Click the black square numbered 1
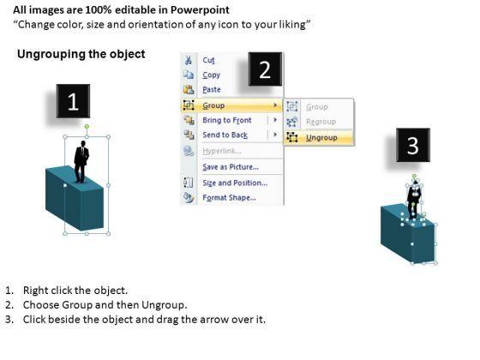tap(73, 101)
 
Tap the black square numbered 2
tap(265, 69)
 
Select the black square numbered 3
tap(413, 145)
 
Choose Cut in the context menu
tap(209, 60)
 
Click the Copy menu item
tap(211, 75)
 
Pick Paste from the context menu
tap(212, 90)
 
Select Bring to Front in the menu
tap(227, 120)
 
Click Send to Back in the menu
tap(225, 135)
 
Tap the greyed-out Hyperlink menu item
tap(222, 151)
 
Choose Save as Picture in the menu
tap(231, 167)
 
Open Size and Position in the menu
tap(235, 183)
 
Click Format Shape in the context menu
tap(230, 198)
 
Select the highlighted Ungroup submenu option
tap(321, 138)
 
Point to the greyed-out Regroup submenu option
tap(321, 122)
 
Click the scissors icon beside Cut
tap(189, 60)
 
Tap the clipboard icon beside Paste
tap(189, 89)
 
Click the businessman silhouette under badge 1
tap(81, 162)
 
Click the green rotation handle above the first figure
tap(87, 126)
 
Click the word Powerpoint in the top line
tap(200, 10)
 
